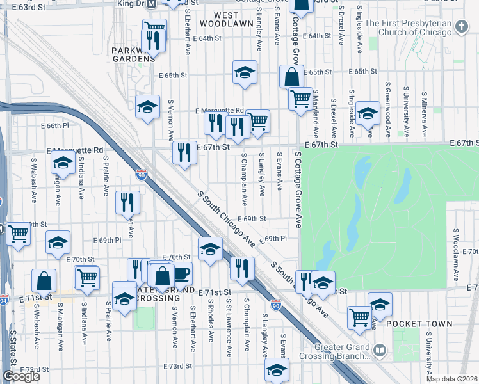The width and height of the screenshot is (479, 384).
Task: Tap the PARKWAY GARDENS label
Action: pos(133,54)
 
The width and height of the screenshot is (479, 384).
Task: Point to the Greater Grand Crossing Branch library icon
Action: pos(380,350)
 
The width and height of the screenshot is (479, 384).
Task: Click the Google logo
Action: pos(21,377)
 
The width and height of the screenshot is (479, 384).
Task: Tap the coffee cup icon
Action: pos(181,273)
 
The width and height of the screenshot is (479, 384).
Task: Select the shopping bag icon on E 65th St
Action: pos(291,77)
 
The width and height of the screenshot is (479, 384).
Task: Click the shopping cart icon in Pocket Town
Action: pos(359,316)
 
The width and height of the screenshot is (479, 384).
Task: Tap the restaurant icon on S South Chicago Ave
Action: pos(241,268)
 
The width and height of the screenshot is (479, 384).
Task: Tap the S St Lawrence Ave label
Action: pos(229,330)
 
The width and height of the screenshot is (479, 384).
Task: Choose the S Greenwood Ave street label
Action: pos(388,109)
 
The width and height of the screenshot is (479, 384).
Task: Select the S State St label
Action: pos(12,346)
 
